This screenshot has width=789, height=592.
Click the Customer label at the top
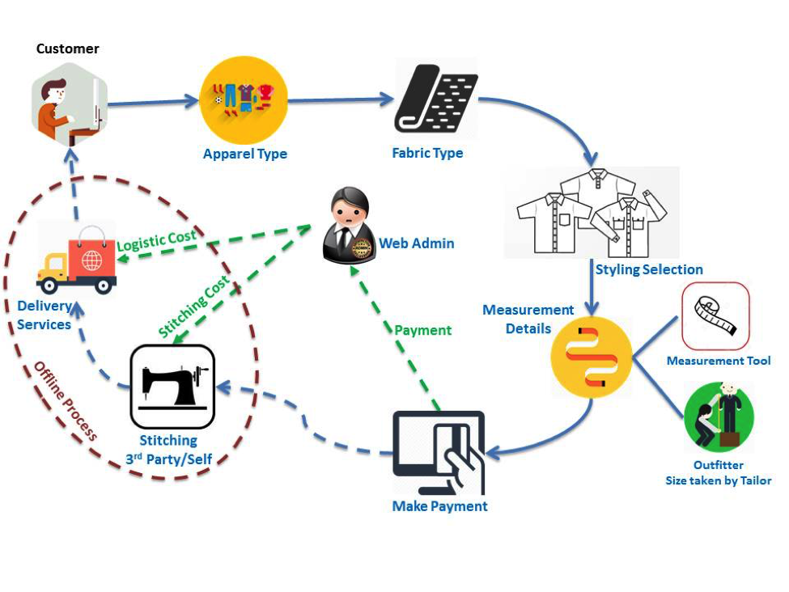(68, 49)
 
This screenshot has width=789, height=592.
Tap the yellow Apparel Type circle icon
(244, 100)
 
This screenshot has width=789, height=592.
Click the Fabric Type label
(427, 153)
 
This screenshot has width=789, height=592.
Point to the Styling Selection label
(649, 269)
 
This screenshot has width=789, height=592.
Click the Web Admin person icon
(348, 226)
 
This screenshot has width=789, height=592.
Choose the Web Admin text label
(417, 243)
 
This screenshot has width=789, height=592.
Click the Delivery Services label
(45, 315)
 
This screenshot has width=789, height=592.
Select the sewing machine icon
(172, 387)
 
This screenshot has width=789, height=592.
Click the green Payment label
(422, 330)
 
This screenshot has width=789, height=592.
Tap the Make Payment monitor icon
(439, 452)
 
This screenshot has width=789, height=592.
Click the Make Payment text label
(439, 507)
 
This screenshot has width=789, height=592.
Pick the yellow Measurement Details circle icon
(591, 357)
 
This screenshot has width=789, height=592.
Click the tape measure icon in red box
(715, 315)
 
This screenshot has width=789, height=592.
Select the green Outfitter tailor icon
(719, 417)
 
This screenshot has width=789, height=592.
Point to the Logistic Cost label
(156, 239)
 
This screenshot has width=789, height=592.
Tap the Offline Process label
(65, 401)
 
